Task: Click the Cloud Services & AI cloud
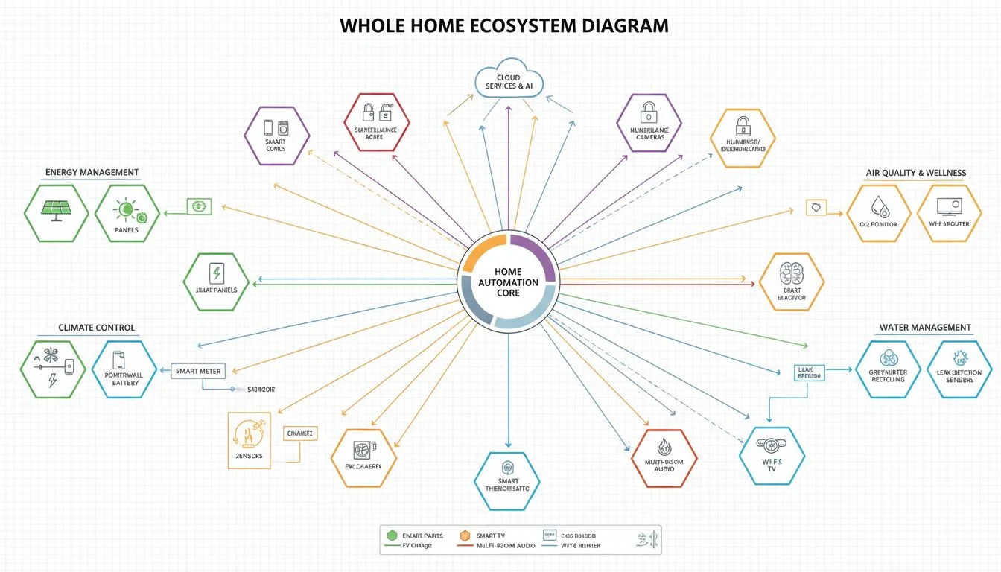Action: (x=509, y=78)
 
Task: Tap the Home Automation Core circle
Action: (x=508, y=282)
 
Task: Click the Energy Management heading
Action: (x=92, y=172)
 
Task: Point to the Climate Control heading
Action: (x=96, y=328)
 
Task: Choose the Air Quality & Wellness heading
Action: (x=915, y=173)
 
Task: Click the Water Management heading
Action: (x=924, y=328)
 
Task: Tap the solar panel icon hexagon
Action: (x=56, y=212)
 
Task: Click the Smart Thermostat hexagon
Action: (x=507, y=480)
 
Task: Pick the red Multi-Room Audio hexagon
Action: (x=664, y=457)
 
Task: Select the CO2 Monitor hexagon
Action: (x=879, y=213)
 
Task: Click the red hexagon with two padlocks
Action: (x=376, y=121)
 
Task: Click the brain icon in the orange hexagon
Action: (x=789, y=272)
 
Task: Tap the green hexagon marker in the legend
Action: (x=392, y=535)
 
